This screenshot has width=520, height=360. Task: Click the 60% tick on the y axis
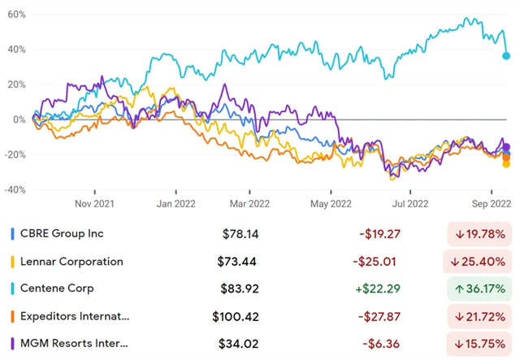pyautogui.click(x=15, y=15)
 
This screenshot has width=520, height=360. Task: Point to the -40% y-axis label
pyautogui.click(x=14, y=190)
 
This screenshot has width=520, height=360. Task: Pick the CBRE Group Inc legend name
pyautogui.click(x=63, y=234)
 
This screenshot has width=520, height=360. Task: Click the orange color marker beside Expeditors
pyautogui.click(x=12, y=316)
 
